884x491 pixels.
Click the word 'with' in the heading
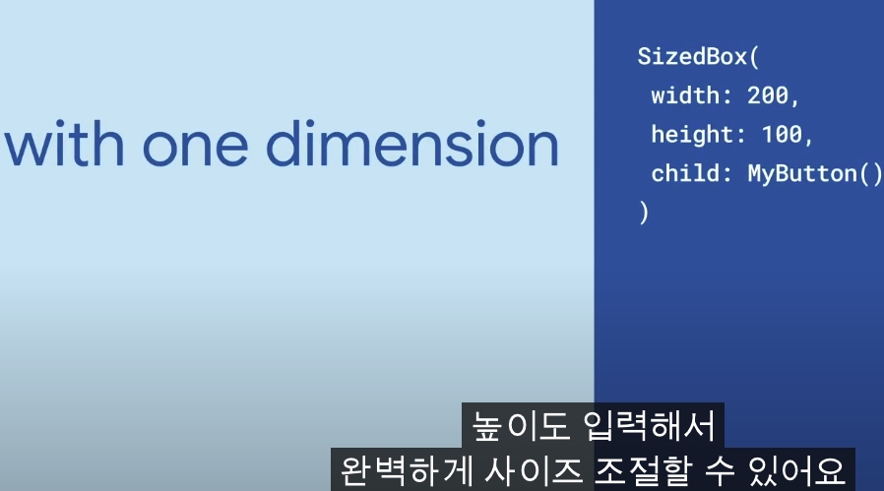coord(64,144)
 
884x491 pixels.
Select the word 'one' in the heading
coord(195,147)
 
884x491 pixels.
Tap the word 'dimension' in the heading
coord(412,144)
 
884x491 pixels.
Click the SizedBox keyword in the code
coord(692,56)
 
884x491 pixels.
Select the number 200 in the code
coord(768,95)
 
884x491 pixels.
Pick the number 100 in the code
coord(782,134)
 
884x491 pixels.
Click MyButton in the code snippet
coord(802,173)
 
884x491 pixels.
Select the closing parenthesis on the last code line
coord(644,213)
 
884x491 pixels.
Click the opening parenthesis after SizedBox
coord(755,57)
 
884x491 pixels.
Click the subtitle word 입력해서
coord(649,426)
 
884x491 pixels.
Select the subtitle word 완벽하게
coord(406,470)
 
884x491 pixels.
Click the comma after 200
coord(795,102)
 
